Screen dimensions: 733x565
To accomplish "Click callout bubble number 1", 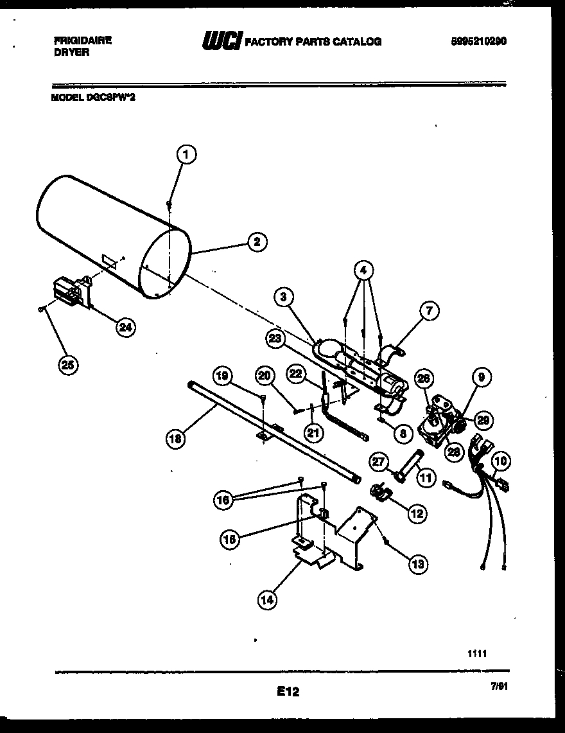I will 186,154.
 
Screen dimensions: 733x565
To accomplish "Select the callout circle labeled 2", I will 256,242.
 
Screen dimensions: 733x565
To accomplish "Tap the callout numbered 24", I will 125,327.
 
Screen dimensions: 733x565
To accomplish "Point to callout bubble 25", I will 66,364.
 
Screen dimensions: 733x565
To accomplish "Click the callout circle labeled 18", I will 175,439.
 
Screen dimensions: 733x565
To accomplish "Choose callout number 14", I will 268,600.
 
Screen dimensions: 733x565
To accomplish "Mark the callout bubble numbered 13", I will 418,563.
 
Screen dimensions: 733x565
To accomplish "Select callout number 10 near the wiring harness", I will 501,461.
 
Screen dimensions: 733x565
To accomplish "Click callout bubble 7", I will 428,312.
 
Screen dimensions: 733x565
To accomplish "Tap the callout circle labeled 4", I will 363,270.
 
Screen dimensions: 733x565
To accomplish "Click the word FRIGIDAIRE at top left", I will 83,40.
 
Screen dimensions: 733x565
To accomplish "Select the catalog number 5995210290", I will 478,40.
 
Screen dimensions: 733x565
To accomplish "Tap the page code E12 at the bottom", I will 288,692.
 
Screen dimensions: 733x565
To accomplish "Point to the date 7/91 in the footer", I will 499,686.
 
